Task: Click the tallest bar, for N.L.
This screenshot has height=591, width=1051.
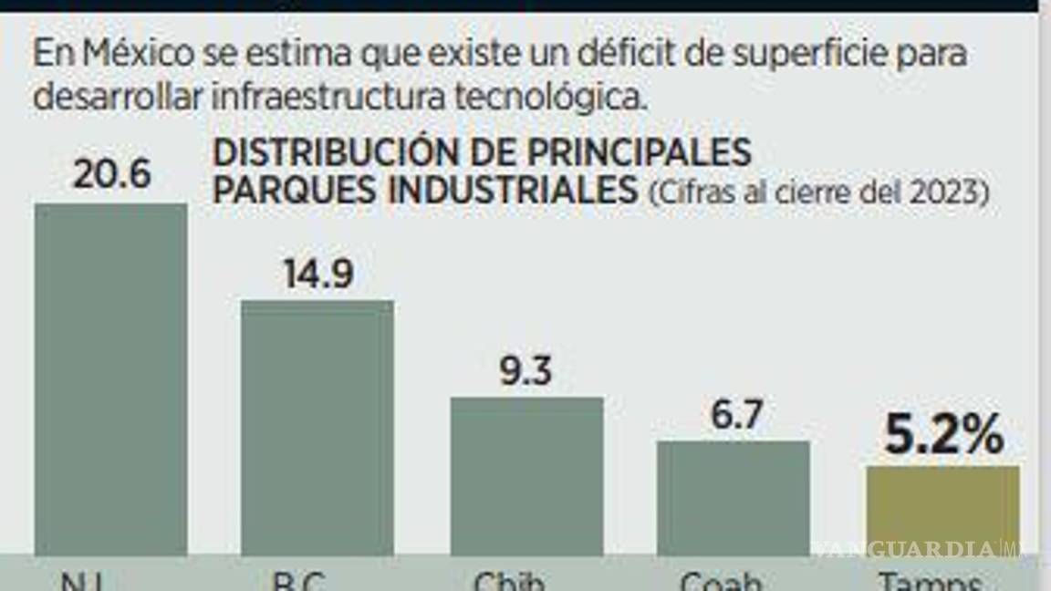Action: (110, 378)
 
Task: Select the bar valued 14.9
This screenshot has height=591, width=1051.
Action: (317, 427)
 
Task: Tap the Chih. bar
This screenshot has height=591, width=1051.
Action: (526, 475)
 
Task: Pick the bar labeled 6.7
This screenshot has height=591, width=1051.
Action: (734, 497)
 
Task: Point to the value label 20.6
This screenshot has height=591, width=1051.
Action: (111, 174)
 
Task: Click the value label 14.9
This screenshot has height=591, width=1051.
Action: (317, 273)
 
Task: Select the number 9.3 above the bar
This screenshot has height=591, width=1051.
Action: (526, 370)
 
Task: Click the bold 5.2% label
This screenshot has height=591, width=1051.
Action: (943, 435)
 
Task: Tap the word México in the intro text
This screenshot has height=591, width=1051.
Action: (138, 54)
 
